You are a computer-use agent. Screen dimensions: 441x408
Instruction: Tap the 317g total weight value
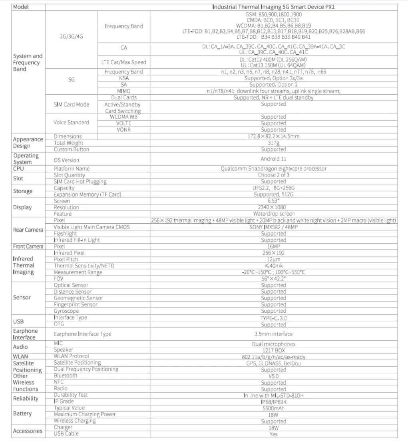click(273, 143)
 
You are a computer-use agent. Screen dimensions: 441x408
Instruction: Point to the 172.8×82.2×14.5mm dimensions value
click(273, 137)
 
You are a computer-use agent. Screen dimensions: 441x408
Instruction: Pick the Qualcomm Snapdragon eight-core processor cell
click(273, 169)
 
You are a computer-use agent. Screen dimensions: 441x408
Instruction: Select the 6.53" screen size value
click(273, 201)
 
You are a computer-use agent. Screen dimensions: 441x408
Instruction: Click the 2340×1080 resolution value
click(273, 207)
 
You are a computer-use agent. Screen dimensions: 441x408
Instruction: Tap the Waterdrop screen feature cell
click(273, 214)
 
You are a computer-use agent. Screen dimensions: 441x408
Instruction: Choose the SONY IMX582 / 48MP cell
click(273, 227)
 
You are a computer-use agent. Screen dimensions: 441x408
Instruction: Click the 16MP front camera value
click(273, 246)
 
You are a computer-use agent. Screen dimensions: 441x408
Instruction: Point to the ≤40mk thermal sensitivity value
click(273, 266)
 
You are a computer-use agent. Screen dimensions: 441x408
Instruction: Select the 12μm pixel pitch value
click(273, 259)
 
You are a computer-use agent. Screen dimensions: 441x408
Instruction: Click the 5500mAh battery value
click(273, 408)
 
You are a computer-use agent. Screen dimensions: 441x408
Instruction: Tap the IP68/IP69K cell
click(273, 401)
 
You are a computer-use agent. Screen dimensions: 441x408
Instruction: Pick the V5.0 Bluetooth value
click(273, 376)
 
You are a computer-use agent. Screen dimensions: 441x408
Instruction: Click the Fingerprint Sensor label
click(76, 304)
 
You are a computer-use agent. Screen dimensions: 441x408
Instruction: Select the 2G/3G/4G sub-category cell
click(71, 36)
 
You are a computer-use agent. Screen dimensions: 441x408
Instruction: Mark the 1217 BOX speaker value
click(273, 350)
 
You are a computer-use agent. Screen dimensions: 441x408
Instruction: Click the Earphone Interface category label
click(26, 334)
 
